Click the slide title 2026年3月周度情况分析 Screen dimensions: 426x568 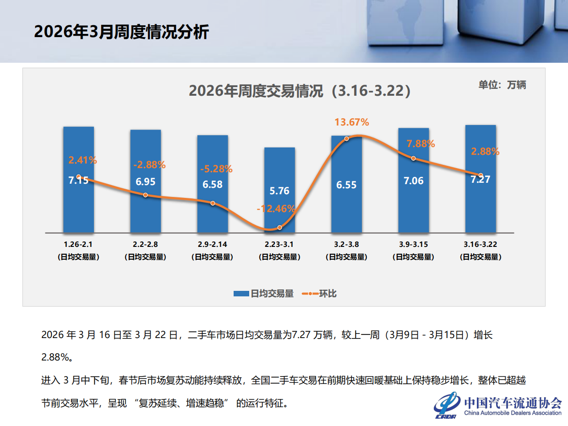[x=121, y=32]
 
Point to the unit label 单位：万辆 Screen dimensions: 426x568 [x=502, y=85]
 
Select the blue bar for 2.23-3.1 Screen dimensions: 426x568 [x=279, y=206]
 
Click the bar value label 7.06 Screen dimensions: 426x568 [x=413, y=180]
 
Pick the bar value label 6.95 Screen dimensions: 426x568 [x=145, y=181]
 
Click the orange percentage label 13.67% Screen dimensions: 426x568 [x=352, y=122]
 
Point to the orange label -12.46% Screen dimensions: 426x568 [x=276, y=209]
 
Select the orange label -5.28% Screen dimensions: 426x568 [x=216, y=169]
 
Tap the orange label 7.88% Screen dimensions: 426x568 [x=421, y=144]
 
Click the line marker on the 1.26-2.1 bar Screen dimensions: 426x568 [x=79, y=177]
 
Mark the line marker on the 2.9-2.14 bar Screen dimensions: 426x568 [x=213, y=203]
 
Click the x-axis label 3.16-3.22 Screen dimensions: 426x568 [x=480, y=244]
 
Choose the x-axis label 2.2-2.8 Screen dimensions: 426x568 [x=145, y=244]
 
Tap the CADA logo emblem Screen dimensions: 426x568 [x=447, y=405]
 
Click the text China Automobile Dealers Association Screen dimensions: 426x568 [x=513, y=413]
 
